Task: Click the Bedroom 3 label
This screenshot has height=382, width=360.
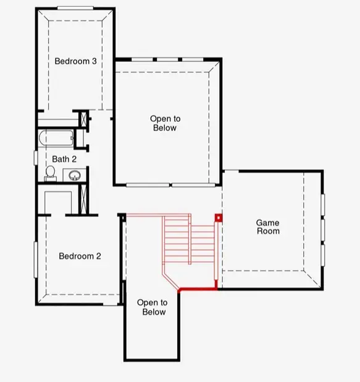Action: click(x=75, y=61)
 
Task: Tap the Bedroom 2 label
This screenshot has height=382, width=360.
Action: click(x=80, y=256)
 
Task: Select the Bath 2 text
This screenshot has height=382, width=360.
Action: click(x=64, y=159)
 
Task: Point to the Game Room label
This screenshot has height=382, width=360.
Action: click(x=268, y=227)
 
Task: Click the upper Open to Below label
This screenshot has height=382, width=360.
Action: click(x=165, y=123)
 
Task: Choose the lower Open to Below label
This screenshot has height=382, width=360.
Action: click(x=152, y=307)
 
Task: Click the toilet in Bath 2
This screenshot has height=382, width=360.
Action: click(x=50, y=174)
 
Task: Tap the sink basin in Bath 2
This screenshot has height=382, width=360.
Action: click(x=74, y=176)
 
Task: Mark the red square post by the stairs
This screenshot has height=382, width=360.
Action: click(x=217, y=218)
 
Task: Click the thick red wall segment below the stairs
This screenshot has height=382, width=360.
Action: click(x=198, y=289)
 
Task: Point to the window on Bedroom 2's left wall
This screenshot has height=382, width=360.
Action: click(x=35, y=260)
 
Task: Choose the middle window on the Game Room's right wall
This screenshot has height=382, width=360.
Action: click(x=322, y=229)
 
